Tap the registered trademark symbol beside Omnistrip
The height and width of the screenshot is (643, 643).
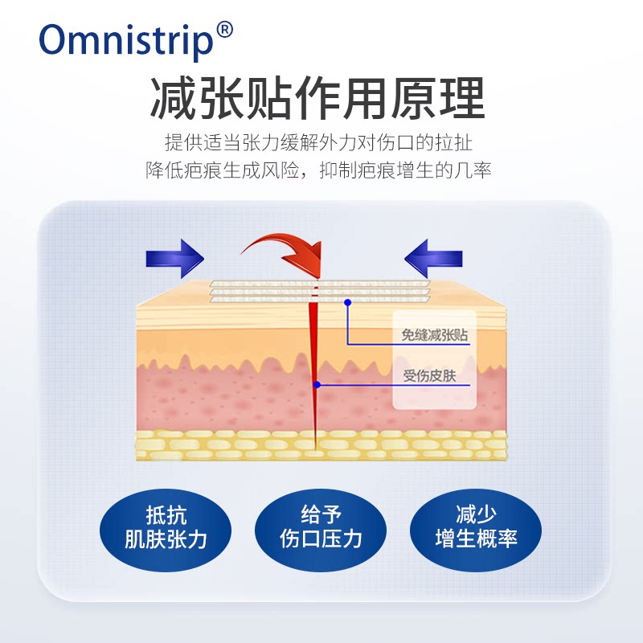tap(225, 30)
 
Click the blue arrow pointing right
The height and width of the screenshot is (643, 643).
tap(174, 257)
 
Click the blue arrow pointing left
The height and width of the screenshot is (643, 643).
tap(433, 257)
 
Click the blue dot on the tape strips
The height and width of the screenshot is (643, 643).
tap(348, 302)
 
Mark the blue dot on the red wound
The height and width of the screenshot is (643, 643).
tap(317, 385)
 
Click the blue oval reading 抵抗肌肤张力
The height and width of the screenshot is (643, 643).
tap(166, 527)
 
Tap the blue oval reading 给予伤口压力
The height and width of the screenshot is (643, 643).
tap(321, 527)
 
